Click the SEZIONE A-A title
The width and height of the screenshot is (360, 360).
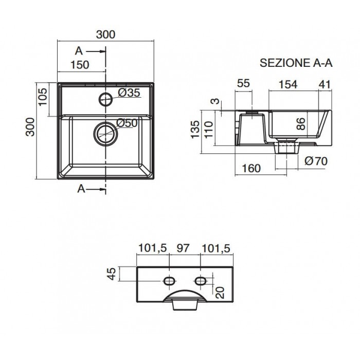click(x=296, y=63)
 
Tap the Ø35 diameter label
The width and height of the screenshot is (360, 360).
click(x=129, y=93)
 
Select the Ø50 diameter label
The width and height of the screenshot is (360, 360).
click(x=127, y=123)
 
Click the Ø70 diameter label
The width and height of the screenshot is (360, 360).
click(x=316, y=161)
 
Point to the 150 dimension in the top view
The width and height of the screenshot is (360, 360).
click(x=80, y=65)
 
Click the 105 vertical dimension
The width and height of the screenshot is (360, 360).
click(x=43, y=97)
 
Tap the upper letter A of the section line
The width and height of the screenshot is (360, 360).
click(x=79, y=51)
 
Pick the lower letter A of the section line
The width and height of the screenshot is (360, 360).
click(x=81, y=189)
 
